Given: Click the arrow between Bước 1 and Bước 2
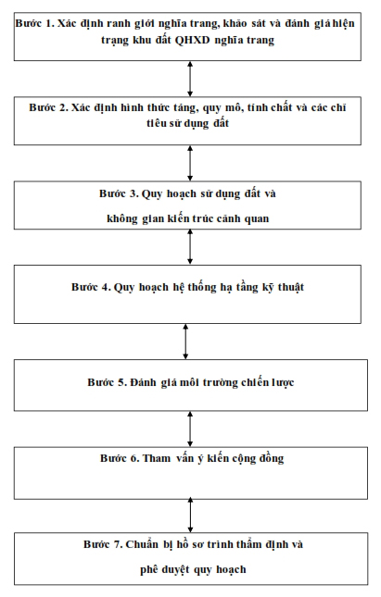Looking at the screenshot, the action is [x=190, y=79].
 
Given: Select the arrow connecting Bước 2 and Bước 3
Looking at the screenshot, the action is [x=190, y=163].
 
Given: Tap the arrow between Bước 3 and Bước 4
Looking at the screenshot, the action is [x=190, y=247].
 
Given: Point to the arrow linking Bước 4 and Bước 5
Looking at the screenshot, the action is [x=185, y=342].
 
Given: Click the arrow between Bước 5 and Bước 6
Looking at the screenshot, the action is [x=190, y=429].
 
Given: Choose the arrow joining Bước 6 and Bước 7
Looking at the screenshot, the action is [x=190, y=516].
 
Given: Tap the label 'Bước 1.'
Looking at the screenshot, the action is [x=35, y=23].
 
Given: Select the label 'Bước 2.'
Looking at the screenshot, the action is [x=49, y=107].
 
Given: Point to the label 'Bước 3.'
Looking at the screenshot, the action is [x=119, y=193].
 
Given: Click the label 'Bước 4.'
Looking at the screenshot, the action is [x=91, y=287].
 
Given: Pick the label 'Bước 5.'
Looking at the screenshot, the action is [x=108, y=382].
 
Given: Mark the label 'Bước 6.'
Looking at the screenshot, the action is [x=121, y=458].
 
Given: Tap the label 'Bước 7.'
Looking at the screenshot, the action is [x=103, y=544].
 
